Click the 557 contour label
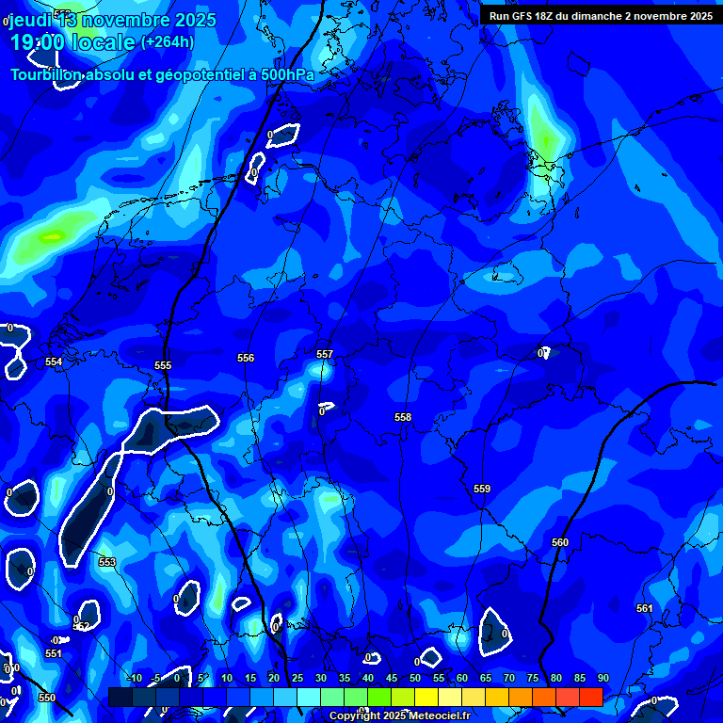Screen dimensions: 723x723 click(x=325, y=354)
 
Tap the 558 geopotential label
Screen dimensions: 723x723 click(x=403, y=417)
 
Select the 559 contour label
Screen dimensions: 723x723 click(x=482, y=489)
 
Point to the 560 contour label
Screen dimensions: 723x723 click(x=560, y=542)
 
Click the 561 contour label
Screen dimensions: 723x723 click(x=644, y=608)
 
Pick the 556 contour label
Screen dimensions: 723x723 click(x=246, y=358)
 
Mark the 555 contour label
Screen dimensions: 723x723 click(x=163, y=365)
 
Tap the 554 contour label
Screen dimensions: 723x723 click(x=54, y=361)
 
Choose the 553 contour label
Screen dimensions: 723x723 click(x=107, y=562)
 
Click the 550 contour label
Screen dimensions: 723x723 click(x=47, y=698)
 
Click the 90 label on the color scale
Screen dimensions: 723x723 click(x=602, y=678)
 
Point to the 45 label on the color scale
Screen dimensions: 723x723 click(x=392, y=678)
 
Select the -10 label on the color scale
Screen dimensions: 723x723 click(x=134, y=678)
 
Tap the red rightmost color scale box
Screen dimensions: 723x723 click(x=590, y=697)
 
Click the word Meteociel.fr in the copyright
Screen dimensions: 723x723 click(x=443, y=716)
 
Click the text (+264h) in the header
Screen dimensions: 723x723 click(x=168, y=41)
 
